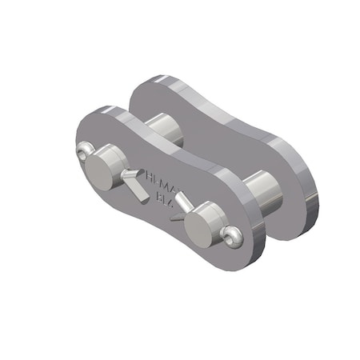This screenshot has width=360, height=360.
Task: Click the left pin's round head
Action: coord(103,165)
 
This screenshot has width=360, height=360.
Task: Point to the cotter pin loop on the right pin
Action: coord(233,236)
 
